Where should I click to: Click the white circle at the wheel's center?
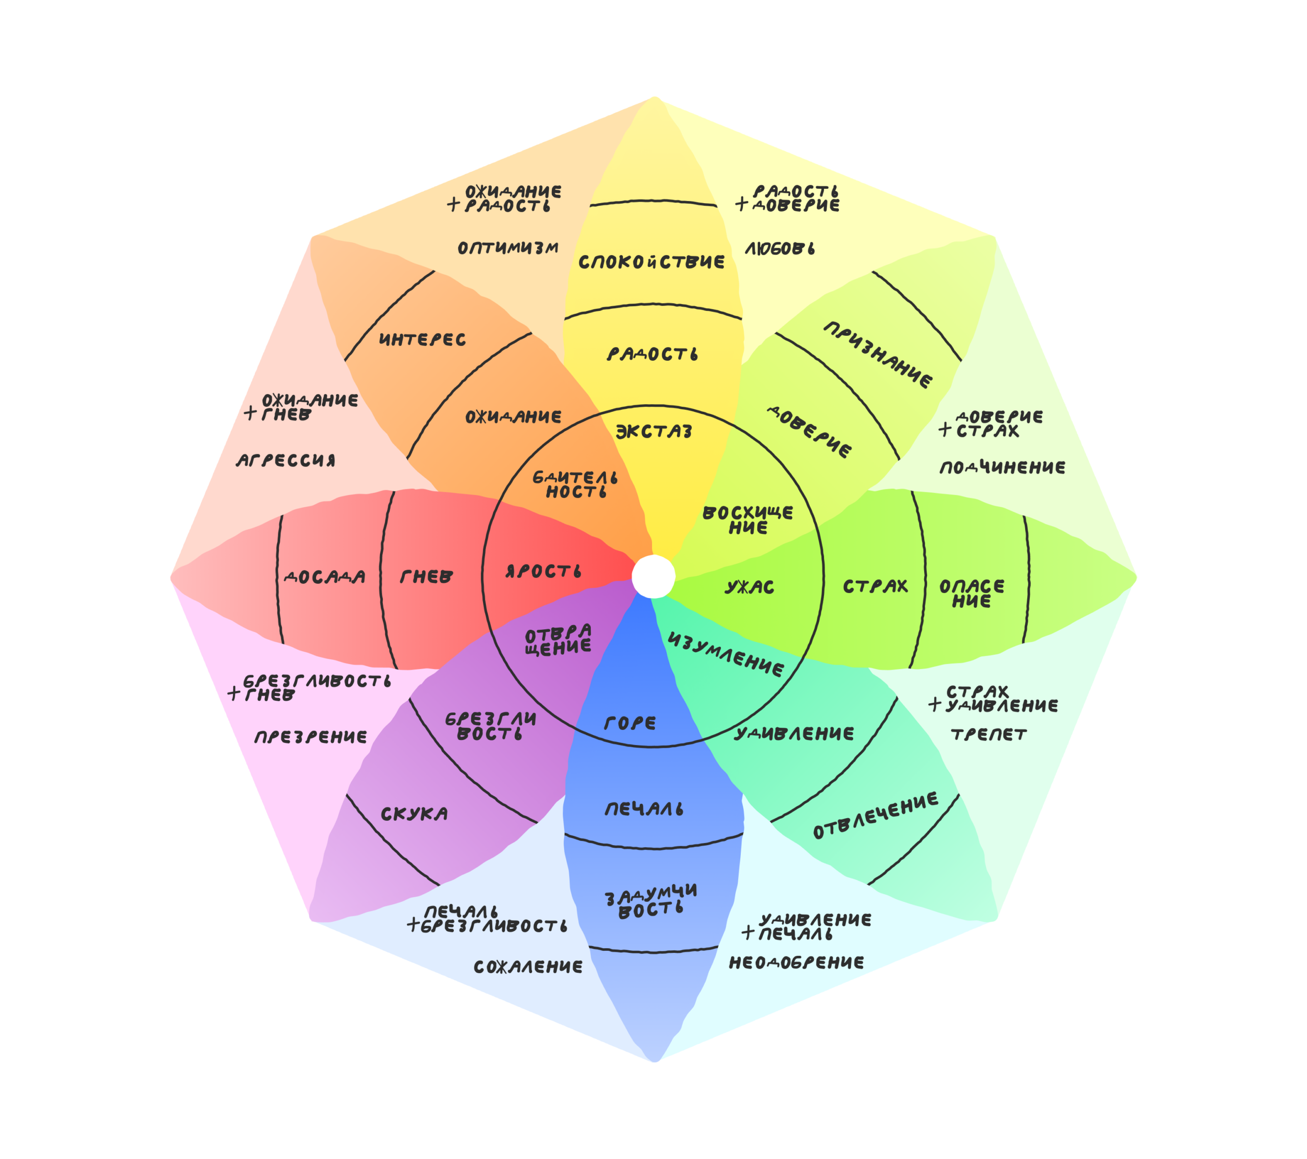(653, 577)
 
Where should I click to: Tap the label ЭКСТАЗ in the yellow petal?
(653, 432)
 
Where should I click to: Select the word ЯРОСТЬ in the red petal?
(544, 571)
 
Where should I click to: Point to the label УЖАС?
(749, 587)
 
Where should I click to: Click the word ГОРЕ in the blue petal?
(630, 723)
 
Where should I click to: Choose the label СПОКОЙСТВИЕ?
(651, 261)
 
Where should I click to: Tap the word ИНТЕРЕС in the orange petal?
(423, 339)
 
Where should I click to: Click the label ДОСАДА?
(325, 577)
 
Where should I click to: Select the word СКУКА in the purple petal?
(415, 815)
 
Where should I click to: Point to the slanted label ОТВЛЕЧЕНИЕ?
(876, 816)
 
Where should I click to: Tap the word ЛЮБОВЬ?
(780, 249)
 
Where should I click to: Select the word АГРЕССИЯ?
(286, 460)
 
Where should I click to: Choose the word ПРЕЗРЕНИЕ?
(311, 737)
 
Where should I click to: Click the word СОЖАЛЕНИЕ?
(528, 967)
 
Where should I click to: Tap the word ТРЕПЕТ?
(988, 734)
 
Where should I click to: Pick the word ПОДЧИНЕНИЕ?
(1003, 468)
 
